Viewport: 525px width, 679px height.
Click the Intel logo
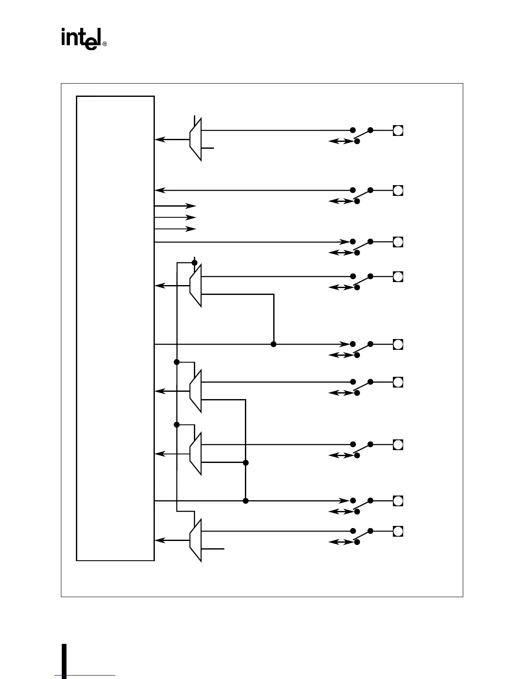pyautogui.click(x=81, y=39)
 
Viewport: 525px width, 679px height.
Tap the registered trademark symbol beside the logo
pyautogui.click(x=105, y=44)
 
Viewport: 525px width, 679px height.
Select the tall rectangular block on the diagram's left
pyautogui.click(x=115, y=328)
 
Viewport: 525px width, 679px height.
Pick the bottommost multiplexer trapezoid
pyautogui.click(x=196, y=540)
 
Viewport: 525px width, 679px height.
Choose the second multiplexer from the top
pyautogui.click(x=196, y=285)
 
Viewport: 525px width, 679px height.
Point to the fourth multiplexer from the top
pyautogui.click(x=196, y=454)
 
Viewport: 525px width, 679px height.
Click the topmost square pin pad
pyautogui.click(x=398, y=130)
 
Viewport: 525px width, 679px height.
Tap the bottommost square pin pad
pyautogui.click(x=398, y=532)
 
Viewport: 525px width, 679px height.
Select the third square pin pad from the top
pyautogui.click(x=398, y=242)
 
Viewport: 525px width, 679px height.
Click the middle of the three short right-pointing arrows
pyautogui.click(x=175, y=218)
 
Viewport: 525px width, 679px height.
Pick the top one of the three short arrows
pyautogui.click(x=175, y=206)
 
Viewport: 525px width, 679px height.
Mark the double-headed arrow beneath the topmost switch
pyautogui.click(x=341, y=141)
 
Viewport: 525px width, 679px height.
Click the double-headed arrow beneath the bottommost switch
pyautogui.click(x=341, y=542)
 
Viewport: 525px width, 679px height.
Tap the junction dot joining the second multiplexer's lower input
pyautogui.click(x=274, y=344)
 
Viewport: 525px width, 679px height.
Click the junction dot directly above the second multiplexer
pyautogui.click(x=194, y=262)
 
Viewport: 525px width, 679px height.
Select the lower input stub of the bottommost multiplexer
pyautogui.click(x=213, y=549)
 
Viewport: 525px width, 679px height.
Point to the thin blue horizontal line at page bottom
pyautogui.click(x=85, y=676)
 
